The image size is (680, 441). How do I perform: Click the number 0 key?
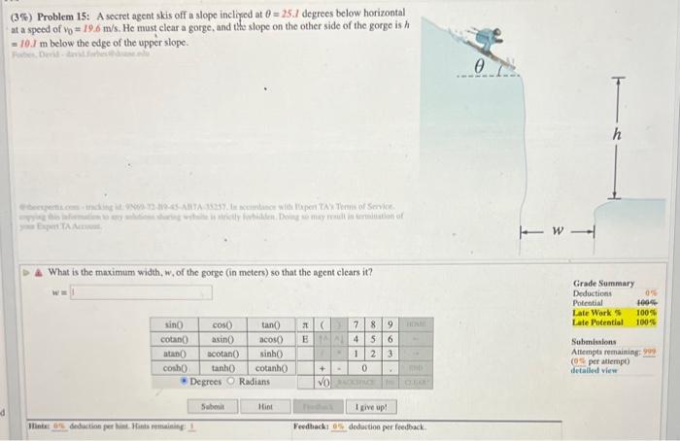[361, 369]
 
